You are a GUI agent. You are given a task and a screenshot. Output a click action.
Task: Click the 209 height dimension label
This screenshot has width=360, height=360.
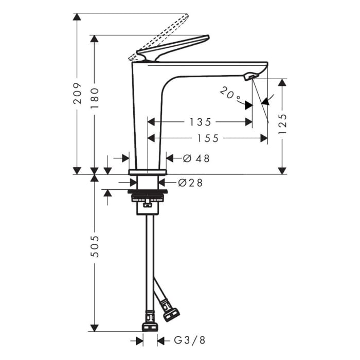[77, 93]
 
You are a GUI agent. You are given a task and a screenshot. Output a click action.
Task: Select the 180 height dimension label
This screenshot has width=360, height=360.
[94, 98]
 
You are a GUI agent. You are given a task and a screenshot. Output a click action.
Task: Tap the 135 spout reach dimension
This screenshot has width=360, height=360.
[200, 122]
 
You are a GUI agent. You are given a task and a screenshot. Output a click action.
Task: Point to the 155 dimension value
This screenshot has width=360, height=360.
[207, 138]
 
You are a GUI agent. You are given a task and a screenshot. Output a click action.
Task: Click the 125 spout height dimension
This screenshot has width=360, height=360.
[282, 124]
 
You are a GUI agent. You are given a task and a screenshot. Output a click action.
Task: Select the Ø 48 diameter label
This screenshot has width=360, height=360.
[196, 158]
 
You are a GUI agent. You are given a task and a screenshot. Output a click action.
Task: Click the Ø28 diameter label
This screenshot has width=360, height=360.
[190, 183]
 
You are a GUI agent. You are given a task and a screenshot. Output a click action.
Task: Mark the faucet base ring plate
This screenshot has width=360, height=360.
[148, 171]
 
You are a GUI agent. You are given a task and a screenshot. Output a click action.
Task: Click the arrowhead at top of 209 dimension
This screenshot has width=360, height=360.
[77, 17]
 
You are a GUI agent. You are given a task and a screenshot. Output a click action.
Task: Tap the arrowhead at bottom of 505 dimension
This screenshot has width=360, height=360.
[94, 328]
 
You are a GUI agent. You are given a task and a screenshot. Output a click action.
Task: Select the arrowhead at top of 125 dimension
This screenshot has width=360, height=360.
[282, 82]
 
